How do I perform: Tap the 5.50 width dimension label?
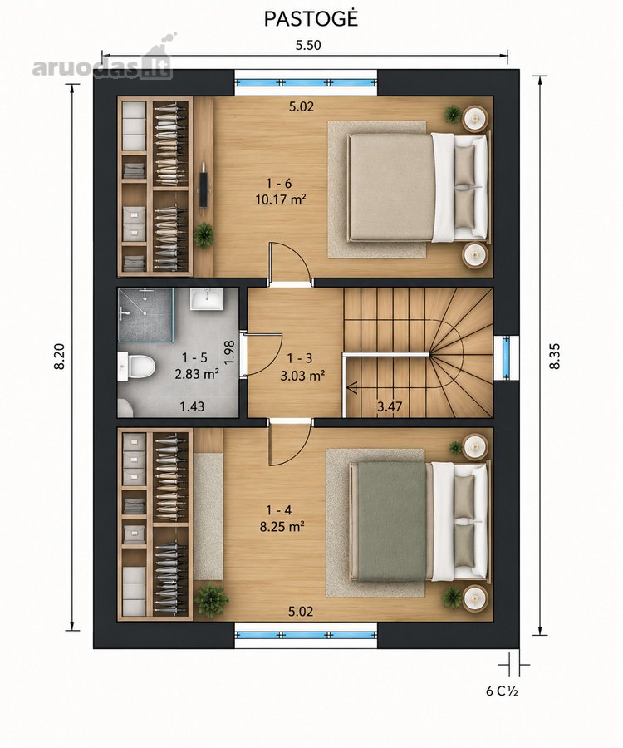308,46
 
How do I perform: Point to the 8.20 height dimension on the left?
60,356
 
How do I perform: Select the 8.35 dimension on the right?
554,356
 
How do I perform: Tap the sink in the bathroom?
207,299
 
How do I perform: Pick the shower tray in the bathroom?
145,315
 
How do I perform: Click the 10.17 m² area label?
280,199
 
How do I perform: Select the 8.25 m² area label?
282,527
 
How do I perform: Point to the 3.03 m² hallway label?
302,376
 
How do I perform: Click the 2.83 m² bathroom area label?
197,374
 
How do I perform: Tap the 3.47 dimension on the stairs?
390,407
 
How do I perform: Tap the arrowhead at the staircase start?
353,389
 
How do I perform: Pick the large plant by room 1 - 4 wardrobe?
210,600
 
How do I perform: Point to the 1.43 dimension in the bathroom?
192,406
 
